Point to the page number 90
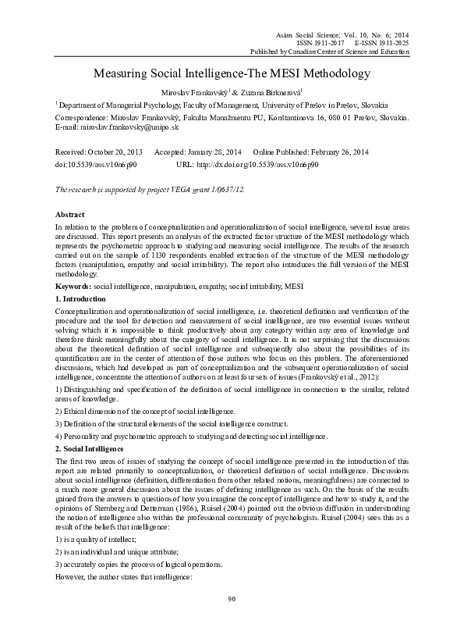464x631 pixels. [232, 621]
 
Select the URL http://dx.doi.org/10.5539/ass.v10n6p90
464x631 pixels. [258, 165]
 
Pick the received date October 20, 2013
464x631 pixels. [112, 151]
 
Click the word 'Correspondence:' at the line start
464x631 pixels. [82, 116]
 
